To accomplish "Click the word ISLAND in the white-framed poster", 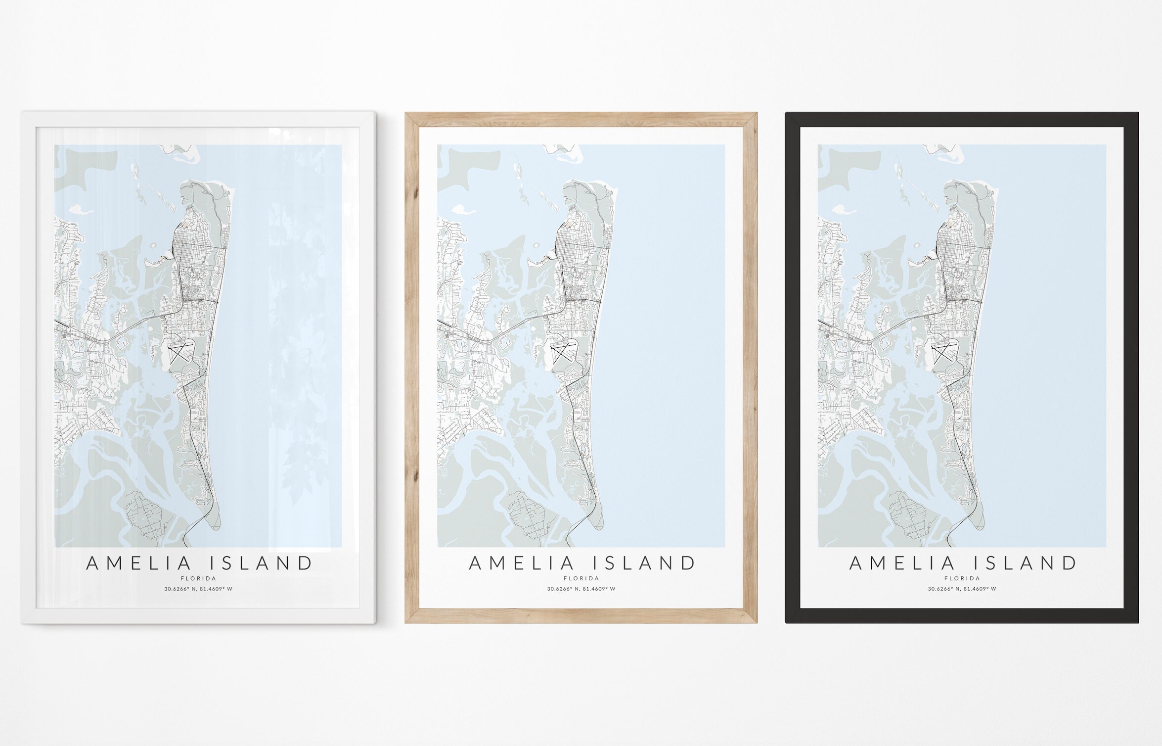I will click(262, 563).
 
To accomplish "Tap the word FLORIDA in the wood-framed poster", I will click(581, 578).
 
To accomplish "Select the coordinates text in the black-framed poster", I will click(962, 589).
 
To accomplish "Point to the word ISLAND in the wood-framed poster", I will click(644, 563).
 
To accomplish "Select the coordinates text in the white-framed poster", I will click(198, 589).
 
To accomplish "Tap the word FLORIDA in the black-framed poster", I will click(962, 578).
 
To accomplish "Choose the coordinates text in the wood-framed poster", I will click(581, 589).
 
